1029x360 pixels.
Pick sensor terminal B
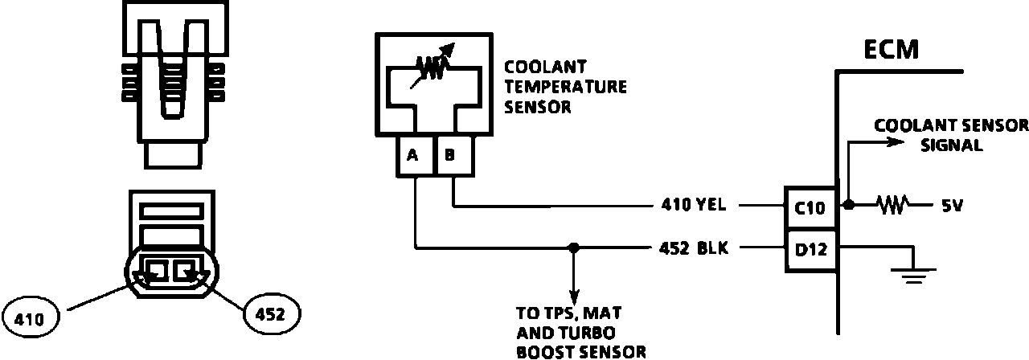click(450, 156)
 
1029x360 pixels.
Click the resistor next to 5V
click(892, 206)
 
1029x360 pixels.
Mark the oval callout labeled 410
click(33, 316)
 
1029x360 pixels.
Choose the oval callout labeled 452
click(271, 313)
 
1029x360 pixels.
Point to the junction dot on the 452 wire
click(573, 247)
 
